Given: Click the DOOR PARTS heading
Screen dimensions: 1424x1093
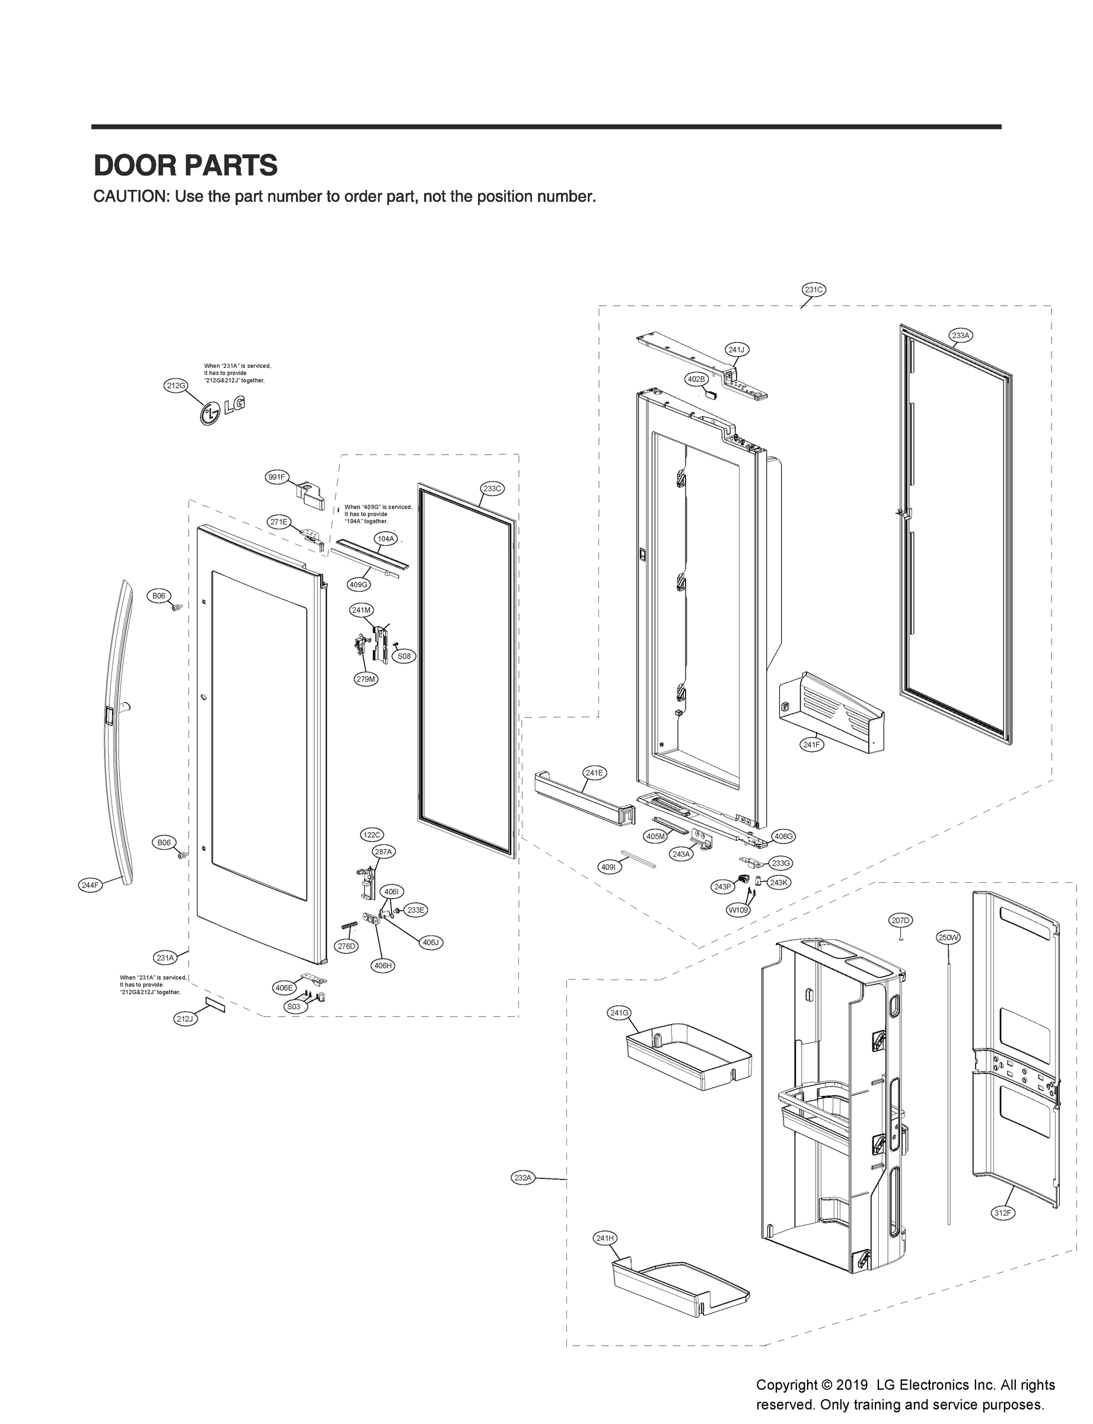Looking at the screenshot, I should [x=186, y=166].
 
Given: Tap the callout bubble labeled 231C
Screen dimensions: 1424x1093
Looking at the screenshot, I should [x=813, y=290].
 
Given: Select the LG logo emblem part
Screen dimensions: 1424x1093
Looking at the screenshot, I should [x=223, y=410].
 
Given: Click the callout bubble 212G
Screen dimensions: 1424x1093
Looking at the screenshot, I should [x=175, y=385].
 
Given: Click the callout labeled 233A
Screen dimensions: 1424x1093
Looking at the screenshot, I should [x=960, y=335].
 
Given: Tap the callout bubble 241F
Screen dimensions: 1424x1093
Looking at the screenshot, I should [x=811, y=744].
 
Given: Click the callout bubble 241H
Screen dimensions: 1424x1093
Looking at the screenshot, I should [x=605, y=1238].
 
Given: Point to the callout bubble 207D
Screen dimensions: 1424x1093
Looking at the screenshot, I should [x=900, y=920].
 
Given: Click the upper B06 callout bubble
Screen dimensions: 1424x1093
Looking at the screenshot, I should [x=159, y=596].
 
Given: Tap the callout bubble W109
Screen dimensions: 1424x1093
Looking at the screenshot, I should [x=738, y=910].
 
